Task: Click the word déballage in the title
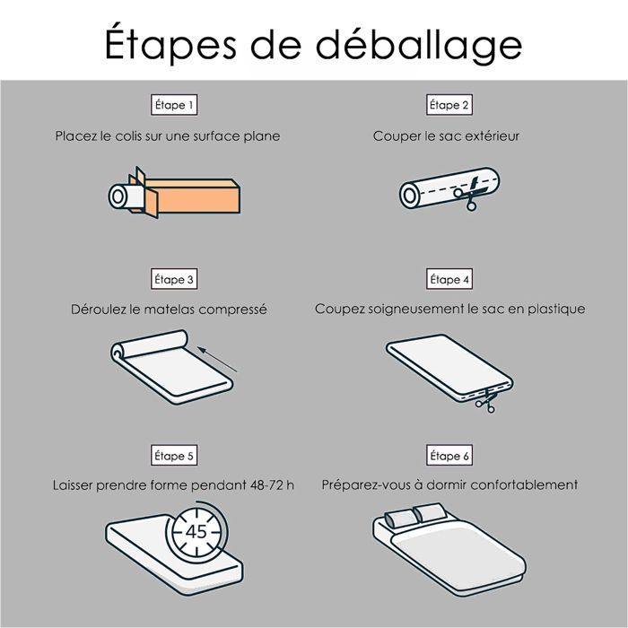(419, 45)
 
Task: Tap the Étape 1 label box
(174, 105)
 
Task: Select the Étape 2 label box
(449, 105)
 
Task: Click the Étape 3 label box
(174, 279)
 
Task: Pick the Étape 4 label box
(449, 279)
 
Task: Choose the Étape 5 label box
(174, 456)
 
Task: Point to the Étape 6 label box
(449, 456)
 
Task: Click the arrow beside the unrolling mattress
(217, 359)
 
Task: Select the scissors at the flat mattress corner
(487, 400)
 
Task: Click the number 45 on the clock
(196, 531)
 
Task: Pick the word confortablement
(524, 484)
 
